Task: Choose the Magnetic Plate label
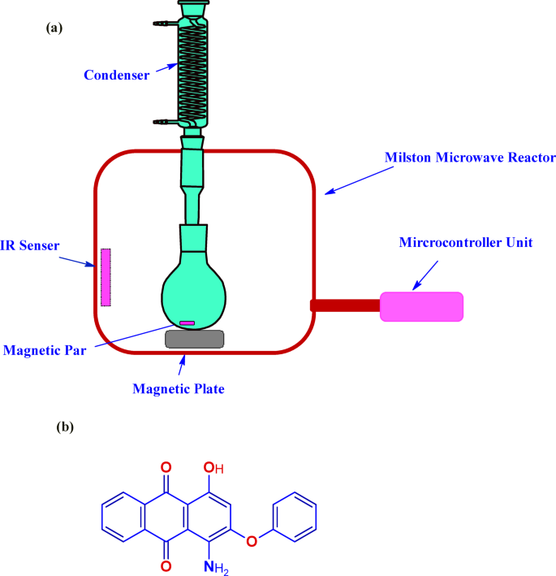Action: (x=178, y=388)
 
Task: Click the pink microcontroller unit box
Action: (x=421, y=306)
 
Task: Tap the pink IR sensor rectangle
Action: (x=106, y=277)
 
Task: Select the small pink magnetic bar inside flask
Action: (x=187, y=323)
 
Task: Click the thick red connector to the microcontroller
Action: (x=345, y=305)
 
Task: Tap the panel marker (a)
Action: (x=54, y=28)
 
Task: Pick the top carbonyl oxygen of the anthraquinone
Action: (x=166, y=467)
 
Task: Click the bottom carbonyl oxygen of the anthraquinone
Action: (x=166, y=565)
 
